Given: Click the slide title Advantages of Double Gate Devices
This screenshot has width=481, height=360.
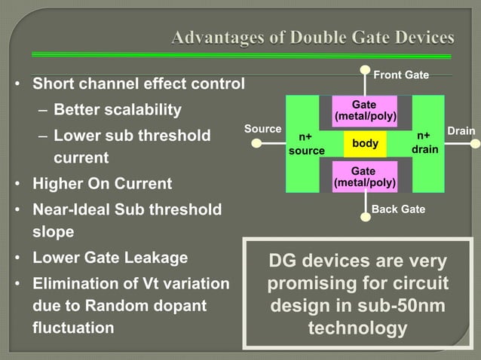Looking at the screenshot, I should click(x=312, y=38).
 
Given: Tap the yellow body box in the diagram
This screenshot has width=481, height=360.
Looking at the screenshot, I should click(x=365, y=143).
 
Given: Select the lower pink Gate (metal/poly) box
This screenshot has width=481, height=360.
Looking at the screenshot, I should click(x=364, y=177).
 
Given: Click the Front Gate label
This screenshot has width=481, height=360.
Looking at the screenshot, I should click(x=401, y=75).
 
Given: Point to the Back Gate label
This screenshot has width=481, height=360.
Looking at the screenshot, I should click(x=399, y=209).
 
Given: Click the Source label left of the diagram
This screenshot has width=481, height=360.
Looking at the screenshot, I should click(x=262, y=130).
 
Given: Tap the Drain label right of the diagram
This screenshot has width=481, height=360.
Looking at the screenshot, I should click(x=461, y=131).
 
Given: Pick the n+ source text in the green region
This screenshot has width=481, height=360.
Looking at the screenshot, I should click(x=307, y=144).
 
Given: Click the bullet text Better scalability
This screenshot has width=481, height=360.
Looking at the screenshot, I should click(x=118, y=110).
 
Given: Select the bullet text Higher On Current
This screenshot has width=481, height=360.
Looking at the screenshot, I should click(x=102, y=184).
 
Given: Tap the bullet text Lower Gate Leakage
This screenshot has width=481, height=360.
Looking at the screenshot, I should click(x=110, y=258).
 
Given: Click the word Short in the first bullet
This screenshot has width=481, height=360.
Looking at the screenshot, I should click(x=54, y=84).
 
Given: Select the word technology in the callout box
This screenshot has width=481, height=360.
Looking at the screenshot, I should click(x=358, y=329).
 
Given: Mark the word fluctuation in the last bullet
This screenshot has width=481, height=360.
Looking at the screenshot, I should click(x=73, y=328).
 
